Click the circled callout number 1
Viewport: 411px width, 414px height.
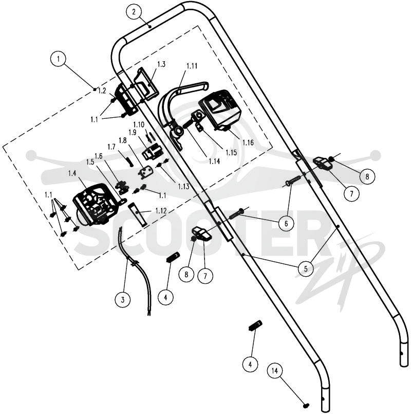click(58, 59)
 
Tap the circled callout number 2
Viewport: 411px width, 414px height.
click(134, 12)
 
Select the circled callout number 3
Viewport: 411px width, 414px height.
click(123, 300)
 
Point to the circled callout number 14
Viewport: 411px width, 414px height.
click(275, 371)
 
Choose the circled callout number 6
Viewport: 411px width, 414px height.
click(286, 223)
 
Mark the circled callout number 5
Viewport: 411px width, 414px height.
click(306, 268)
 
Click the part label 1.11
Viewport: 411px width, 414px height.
click(192, 66)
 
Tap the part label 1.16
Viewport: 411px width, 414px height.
click(248, 142)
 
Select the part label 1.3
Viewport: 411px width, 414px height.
click(161, 64)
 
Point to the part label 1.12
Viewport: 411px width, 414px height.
click(161, 211)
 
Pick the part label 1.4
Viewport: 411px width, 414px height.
click(72, 173)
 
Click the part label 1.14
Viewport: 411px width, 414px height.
click(214, 161)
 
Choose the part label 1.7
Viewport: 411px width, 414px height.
click(111, 147)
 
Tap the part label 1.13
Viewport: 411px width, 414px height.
click(183, 186)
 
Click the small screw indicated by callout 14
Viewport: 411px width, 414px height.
click(306, 404)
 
